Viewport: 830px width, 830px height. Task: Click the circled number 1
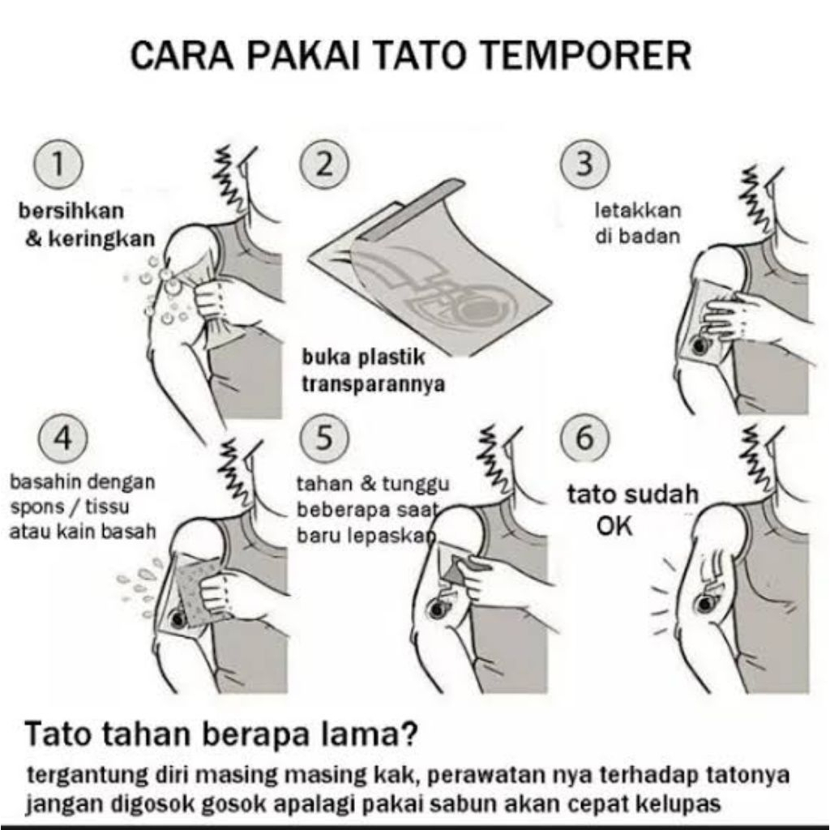click(58, 164)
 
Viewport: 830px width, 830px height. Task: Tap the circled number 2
click(324, 164)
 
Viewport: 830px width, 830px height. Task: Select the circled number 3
click(585, 164)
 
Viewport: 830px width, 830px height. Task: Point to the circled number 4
click(62, 439)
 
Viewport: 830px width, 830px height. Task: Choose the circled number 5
click(324, 439)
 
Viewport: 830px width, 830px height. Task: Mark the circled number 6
click(585, 439)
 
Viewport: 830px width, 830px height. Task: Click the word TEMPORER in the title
click(594, 55)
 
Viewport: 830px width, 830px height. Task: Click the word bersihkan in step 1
click(71, 211)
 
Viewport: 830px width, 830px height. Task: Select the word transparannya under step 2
click(373, 384)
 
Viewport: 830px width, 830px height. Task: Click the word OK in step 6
click(614, 525)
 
